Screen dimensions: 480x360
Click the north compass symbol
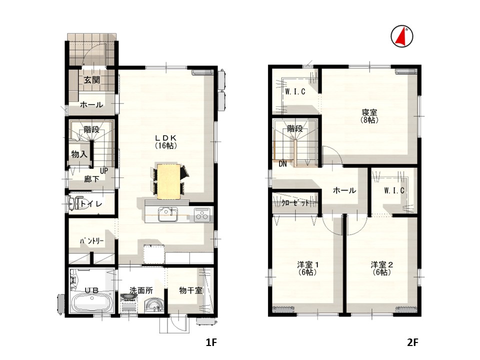(x=402, y=36)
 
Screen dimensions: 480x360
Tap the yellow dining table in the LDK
(x=168, y=181)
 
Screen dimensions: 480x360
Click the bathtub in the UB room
(x=91, y=303)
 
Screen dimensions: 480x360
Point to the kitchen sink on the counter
(x=168, y=214)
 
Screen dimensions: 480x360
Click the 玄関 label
(x=92, y=80)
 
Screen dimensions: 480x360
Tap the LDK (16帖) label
(x=166, y=141)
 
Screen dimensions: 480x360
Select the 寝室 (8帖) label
(x=369, y=116)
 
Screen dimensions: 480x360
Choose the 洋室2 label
(x=382, y=264)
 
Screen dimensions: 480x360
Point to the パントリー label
(x=92, y=241)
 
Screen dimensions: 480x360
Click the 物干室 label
(x=190, y=290)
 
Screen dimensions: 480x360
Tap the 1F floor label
(x=211, y=342)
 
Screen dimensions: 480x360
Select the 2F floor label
(x=412, y=342)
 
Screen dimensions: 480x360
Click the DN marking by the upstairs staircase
(x=282, y=164)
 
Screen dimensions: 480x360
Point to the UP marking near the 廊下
(x=104, y=171)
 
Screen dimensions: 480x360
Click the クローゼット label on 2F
(x=295, y=203)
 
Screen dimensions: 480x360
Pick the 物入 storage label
(x=79, y=154)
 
